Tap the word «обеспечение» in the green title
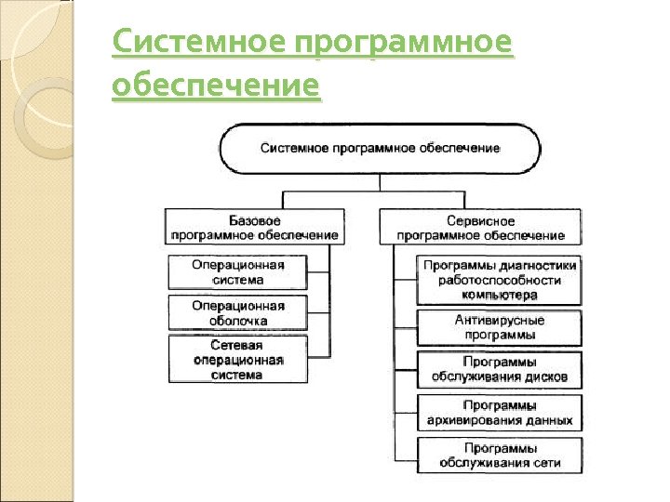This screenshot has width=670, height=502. (x=215, y=86)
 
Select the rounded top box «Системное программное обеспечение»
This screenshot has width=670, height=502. (x=380, y=148)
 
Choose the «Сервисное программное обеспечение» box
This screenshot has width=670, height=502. (x=480, y=228)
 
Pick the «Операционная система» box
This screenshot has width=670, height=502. (x=237, y=271)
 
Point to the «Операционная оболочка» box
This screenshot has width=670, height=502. (x=237, y=313)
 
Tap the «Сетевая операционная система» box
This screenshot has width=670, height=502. (x=237, y=360)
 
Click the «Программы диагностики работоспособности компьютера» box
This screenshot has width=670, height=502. (x=500, y=280)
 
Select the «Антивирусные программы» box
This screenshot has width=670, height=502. (x=500, y=327)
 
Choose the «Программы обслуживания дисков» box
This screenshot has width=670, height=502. (x=500, y=370)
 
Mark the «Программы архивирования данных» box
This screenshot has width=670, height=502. (x=500, y=413)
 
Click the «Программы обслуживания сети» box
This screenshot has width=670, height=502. (x=500, y=456)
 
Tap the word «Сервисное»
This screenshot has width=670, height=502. (x=480, y=220)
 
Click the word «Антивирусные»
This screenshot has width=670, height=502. (x=500, y=320)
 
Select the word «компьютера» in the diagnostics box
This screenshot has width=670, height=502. (x=500, y=295)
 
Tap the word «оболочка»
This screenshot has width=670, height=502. (x=238, y=321)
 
